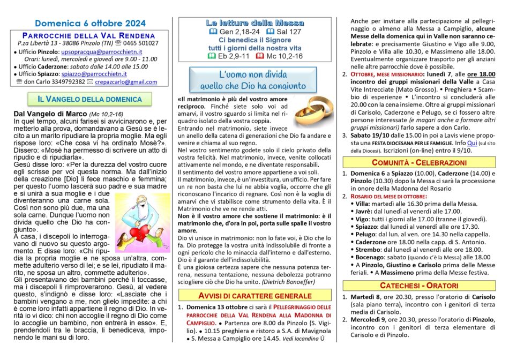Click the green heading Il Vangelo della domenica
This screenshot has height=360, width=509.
point(89,99)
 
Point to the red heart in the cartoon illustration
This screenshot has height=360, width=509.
point(137,219)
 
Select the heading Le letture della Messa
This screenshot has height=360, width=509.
point(255,23)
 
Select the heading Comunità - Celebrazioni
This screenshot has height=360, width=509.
point(419,162)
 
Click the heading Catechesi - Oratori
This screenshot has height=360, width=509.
point(419,286)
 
